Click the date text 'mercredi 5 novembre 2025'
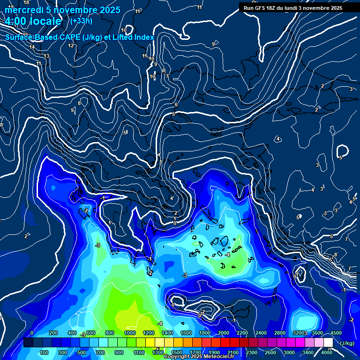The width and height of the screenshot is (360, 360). point(62,10)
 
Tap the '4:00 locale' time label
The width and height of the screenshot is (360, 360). point(33,21)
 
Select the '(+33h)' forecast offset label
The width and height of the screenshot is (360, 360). point(81,21)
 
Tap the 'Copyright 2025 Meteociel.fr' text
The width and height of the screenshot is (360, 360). point(199,357)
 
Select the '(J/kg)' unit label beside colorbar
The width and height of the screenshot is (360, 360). point(346,343)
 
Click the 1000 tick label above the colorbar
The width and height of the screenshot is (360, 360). point(130,333)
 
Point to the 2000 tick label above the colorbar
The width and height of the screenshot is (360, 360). point(224,333)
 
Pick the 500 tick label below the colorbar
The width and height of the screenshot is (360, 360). point(82,352)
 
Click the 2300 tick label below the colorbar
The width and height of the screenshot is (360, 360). point(251,352)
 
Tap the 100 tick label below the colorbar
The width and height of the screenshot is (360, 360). point(44,352)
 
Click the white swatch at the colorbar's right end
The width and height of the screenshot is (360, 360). point(329,343)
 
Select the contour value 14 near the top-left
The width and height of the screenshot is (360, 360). point(32,47)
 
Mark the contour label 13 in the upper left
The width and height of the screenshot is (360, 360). point(46,56)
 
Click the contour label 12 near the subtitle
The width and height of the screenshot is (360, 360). point(71,45)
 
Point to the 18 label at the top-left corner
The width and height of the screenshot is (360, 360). point(26,3)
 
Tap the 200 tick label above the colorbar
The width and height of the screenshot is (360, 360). point(53,333)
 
